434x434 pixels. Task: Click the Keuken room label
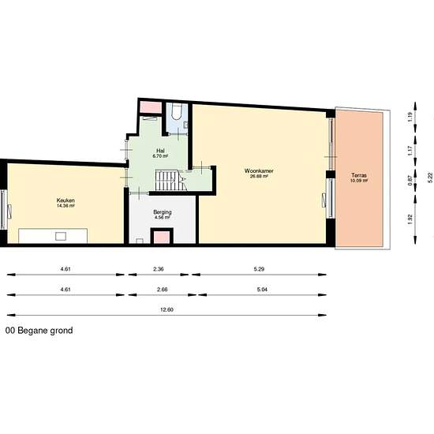65,200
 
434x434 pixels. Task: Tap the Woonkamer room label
258,170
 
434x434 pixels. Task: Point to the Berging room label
163,212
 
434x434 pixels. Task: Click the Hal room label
160,150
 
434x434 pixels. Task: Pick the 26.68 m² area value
259,177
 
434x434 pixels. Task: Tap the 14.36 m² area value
65,206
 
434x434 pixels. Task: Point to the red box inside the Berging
162,237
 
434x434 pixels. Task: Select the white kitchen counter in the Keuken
53,235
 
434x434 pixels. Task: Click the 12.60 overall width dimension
166,309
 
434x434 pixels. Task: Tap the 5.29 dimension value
259,270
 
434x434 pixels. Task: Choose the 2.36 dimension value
158,270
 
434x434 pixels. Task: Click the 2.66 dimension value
162,290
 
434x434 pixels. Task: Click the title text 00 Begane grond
39,331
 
